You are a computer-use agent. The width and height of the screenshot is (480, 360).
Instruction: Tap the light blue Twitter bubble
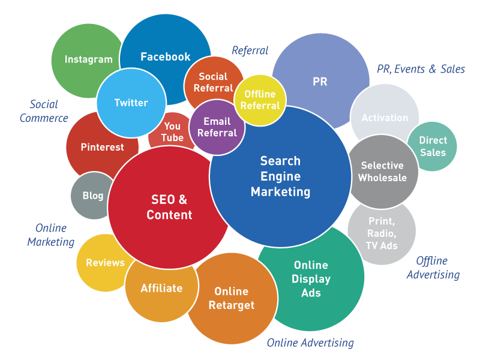click(x=131, y=103)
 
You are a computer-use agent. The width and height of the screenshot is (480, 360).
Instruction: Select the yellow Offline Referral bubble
click(x=260, y=100)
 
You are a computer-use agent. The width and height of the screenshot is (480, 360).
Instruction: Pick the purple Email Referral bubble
click(x=217, y=127)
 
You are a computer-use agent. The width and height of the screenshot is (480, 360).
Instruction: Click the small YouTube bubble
click(x=172, y=131)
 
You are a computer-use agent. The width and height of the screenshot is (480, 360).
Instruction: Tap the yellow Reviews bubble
click(x=103, y=263)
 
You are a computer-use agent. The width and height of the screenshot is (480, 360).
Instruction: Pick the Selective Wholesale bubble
click(x=383, y=172)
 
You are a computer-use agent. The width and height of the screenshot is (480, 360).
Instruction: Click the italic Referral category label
click(x=250, y=50)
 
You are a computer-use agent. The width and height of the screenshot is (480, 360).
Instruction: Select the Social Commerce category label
click(x=44, y=111)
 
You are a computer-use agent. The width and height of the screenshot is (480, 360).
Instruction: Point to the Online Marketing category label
click(x=51, y=235)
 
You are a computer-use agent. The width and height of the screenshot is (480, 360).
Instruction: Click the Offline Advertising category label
click(x=433, y=268)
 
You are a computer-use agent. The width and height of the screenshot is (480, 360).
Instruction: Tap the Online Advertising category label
click(x=310, y=343)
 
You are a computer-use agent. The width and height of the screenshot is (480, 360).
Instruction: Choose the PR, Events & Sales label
click(x=421, y=69)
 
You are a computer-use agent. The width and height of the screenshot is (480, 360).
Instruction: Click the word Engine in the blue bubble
click(x=280, y=176)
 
